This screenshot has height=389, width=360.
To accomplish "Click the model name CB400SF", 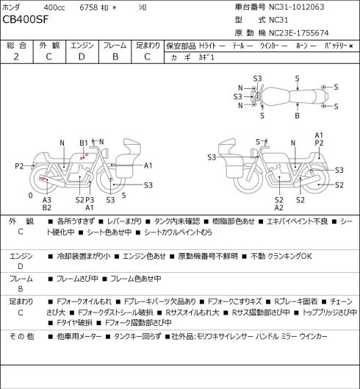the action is [x=25, y=20].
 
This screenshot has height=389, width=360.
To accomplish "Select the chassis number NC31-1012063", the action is [x=297, y=7].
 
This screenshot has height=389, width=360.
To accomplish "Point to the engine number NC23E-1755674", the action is [x=299, y=33].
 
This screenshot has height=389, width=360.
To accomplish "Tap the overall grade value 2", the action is [x=16, y=57].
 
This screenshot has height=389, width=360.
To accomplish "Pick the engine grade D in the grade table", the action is [x=82, y=57].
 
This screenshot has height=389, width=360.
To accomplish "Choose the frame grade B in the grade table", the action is [x=115, y=57].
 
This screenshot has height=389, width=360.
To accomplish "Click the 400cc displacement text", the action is [x=54, y=7].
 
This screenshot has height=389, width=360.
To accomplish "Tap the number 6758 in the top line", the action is [x=89, y=7].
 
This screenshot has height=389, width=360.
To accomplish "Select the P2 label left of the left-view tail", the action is [x=19, y=166].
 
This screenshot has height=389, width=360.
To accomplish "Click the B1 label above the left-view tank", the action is [x=84, y=143].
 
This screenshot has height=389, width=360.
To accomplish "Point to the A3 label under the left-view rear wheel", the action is [x=46, y=200].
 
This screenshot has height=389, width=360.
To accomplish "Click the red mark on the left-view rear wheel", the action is [x=43, y=178].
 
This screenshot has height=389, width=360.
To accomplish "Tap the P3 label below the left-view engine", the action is [x=90, y=200].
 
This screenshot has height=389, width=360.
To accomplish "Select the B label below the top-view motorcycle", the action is [x=297, y=115].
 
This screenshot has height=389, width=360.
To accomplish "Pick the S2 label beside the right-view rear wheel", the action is [x=339, y=185].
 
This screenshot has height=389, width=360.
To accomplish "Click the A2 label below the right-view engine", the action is [x=279, y=207].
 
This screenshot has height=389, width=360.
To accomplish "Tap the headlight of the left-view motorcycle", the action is [x=105, y=152].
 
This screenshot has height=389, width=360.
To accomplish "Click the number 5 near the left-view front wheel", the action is [x=123, y=196].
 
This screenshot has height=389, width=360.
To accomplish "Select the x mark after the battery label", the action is [x=351, y=46].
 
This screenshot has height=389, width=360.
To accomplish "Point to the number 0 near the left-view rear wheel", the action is [x=30, y=196].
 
